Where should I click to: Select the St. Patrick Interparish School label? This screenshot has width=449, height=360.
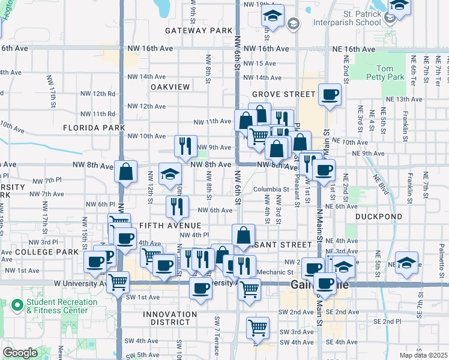click(x=354, y=18)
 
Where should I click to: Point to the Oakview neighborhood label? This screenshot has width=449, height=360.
click(x=170, y=87)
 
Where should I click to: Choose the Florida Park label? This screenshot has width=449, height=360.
click(x=94, y=128)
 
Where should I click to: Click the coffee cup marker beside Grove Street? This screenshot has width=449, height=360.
click(x=329, y=94)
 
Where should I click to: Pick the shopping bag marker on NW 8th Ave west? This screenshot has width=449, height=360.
click(x=126, y=171)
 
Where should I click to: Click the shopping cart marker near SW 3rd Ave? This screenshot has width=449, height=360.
click(x=258, y=327)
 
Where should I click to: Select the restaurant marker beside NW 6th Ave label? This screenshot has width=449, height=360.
click(x=177, y=206)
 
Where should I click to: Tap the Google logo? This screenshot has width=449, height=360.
click(x=20, y=353)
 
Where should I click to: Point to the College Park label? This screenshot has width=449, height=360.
click(x=39, y=252)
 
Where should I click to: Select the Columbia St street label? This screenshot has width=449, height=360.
click(x=267, y=190)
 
